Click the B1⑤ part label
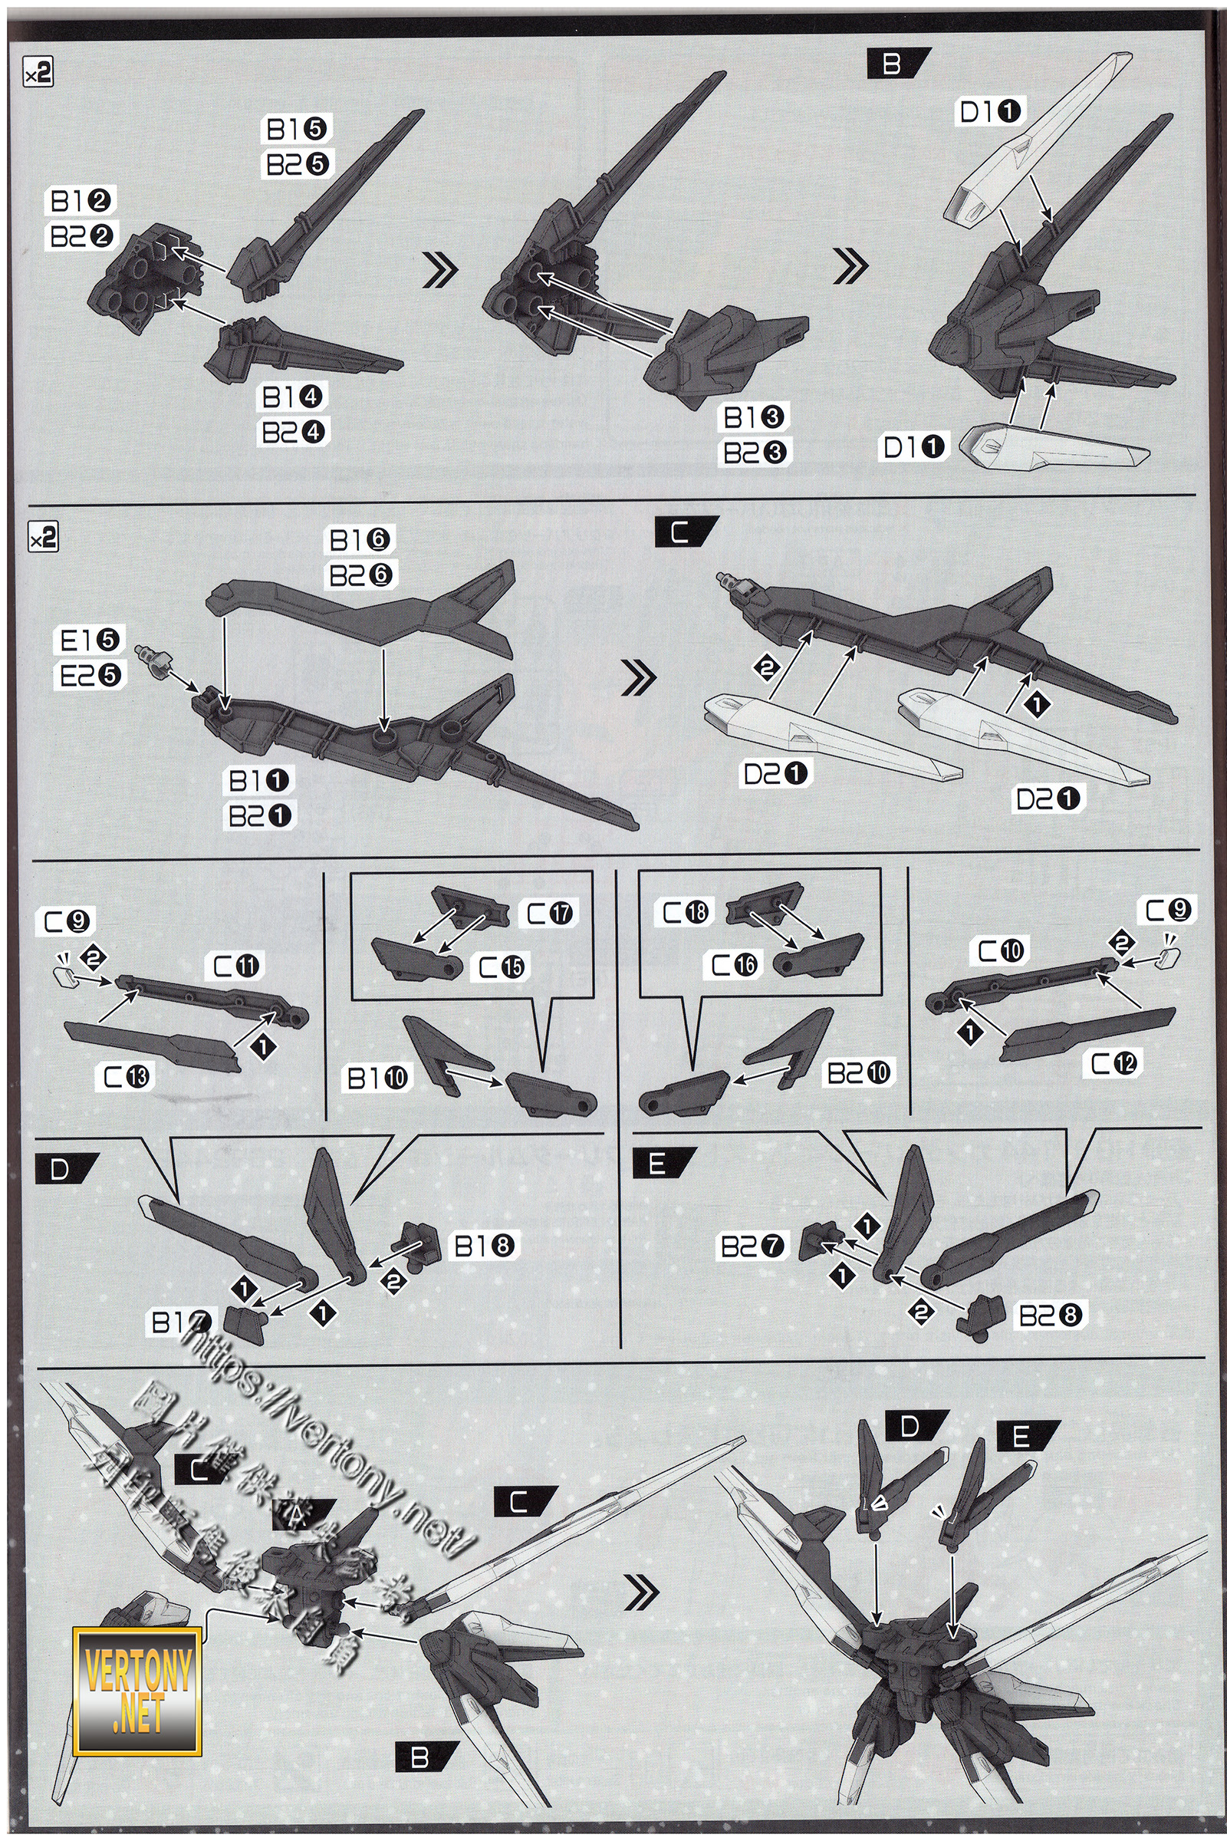(299, 127)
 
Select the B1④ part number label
(293, 397)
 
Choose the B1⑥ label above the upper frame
(361, 539)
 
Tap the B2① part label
(259, 815)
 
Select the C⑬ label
(129, 1078)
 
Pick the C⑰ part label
(549, 913)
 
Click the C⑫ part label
(1115, 1063)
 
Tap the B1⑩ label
(378, 1079)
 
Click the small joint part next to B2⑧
(982, 1315)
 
